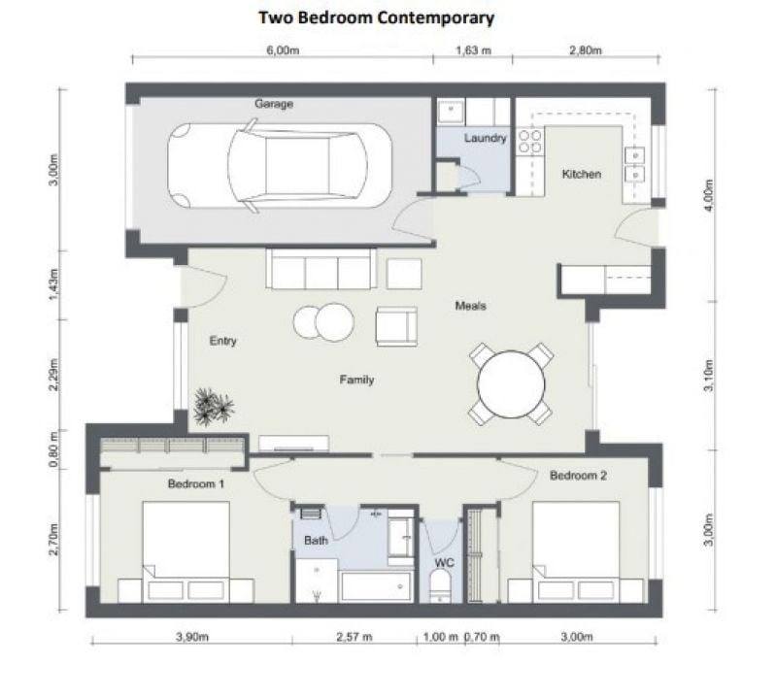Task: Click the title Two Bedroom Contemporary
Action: coord(377,17)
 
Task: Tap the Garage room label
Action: coord(274,104)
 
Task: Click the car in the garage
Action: coord(280,165)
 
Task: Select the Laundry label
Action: coord(485,138)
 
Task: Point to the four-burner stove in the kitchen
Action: coord(529,141)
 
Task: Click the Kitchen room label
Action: coord(582,174)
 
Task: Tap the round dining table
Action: coord(511,383)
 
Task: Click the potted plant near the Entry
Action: coord(214,407)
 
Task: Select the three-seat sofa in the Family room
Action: coord(321,269)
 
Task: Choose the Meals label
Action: coord(471,306)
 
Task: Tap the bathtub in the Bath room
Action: coord(377,587)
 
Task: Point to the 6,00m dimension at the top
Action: coord(283,50)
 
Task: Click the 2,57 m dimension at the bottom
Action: coord(355,637)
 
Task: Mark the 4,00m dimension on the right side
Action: coord(709,195)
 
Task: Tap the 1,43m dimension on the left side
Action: coord(54,284)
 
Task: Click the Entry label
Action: coord(223,341)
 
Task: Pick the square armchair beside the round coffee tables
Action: coord(396,326)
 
